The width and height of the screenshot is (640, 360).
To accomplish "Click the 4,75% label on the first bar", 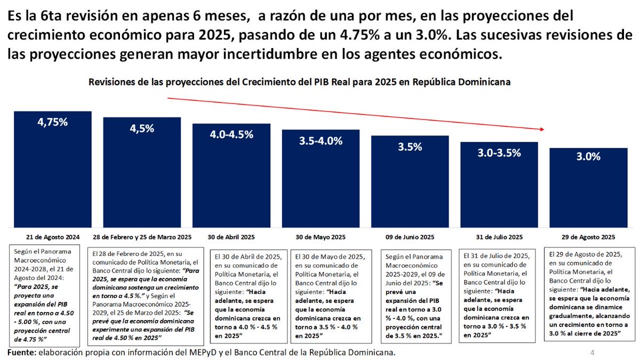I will (52, 122).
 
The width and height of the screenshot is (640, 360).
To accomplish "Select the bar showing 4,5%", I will (142, 176).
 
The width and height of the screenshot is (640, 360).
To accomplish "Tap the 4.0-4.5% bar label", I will (231, 134).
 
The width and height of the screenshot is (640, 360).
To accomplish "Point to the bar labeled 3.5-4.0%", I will (321, 181).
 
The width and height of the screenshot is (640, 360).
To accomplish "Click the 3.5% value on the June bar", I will (410, 147).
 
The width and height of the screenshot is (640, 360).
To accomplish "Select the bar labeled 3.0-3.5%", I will (499, 187).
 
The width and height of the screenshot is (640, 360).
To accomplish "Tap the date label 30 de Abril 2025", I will (231, 237).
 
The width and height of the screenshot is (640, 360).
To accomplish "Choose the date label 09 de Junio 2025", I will (410, 237).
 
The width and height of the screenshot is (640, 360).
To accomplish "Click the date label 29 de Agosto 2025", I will (588, 237).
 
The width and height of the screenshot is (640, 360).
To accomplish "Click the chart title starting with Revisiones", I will (300, 83).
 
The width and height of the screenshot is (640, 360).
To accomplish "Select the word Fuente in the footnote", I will (22, 353).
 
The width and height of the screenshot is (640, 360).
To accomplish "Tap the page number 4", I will (593, 353).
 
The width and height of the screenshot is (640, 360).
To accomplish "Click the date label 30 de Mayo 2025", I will (321, 237).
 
